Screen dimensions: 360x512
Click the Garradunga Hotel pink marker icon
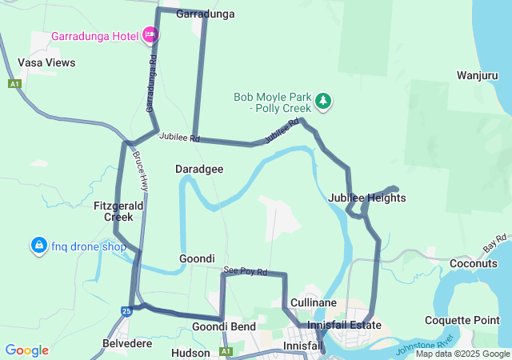[x=150, y=35]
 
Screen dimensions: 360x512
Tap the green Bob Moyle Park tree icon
[x=323, y=101]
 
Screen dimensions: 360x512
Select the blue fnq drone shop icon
[x=38, y=246]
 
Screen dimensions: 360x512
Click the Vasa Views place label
[x=46, y=62]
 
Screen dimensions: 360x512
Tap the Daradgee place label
[x=199, y=169]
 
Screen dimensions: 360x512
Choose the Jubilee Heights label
[x=367, y=198]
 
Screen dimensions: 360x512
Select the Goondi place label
[x=197, y=258]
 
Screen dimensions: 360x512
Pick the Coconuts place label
[x=474, y=263]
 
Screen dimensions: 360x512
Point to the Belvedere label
[x=127, y=343]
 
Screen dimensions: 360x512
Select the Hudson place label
[x=190, y=352]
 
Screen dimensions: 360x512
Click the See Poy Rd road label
[x=246, y=272]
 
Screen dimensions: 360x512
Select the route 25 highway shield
[x=126, y=310]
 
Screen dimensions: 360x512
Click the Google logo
[x=26, y=350]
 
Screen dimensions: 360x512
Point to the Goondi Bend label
[x=224, y=326]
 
